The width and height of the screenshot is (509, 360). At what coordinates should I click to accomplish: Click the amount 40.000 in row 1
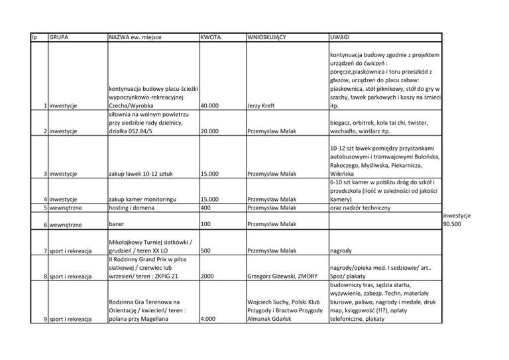[212, 105]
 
